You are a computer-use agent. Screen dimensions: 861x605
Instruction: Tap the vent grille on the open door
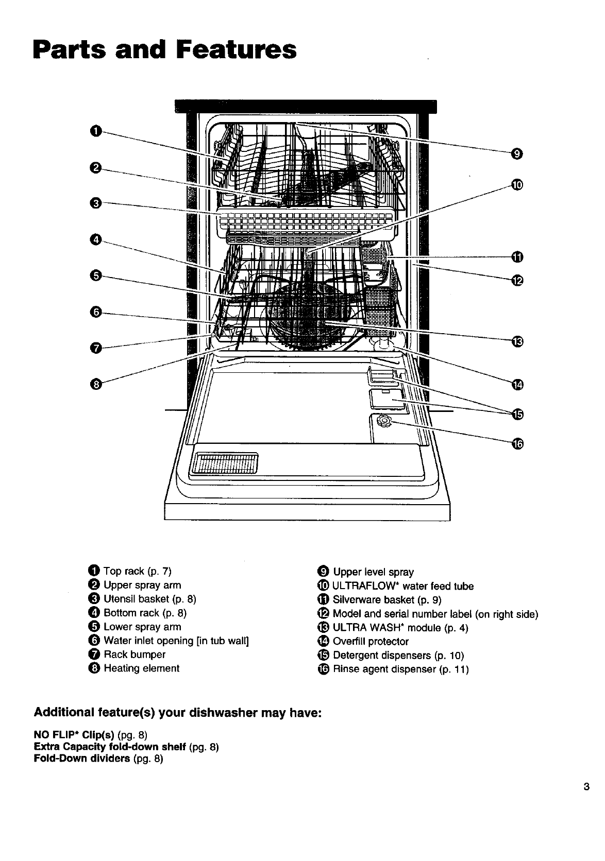coord(224,464)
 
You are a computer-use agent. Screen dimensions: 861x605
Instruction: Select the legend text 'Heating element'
coord(141,668)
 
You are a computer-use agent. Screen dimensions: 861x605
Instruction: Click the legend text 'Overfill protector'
coord(371,642)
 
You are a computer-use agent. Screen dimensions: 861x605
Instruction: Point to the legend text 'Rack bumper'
coord(135,655)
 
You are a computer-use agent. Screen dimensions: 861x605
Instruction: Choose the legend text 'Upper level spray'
coord(373,572)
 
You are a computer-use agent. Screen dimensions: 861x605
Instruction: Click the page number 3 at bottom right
coord(586,787)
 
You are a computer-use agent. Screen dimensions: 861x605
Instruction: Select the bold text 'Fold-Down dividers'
coord(81,759)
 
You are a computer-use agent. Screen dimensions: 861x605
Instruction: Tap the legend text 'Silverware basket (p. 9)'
coord(387,600)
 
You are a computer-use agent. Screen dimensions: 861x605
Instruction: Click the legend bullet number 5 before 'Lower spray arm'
coord(93,627)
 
